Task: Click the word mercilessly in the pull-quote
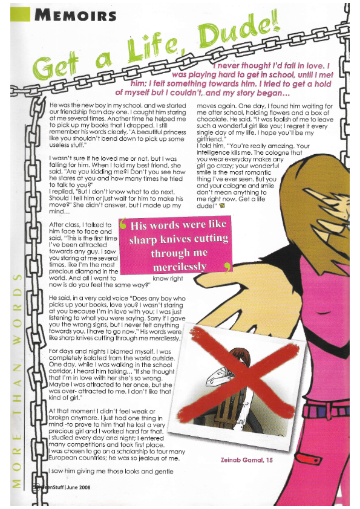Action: (179, 266)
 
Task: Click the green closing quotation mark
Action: (227, 267)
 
